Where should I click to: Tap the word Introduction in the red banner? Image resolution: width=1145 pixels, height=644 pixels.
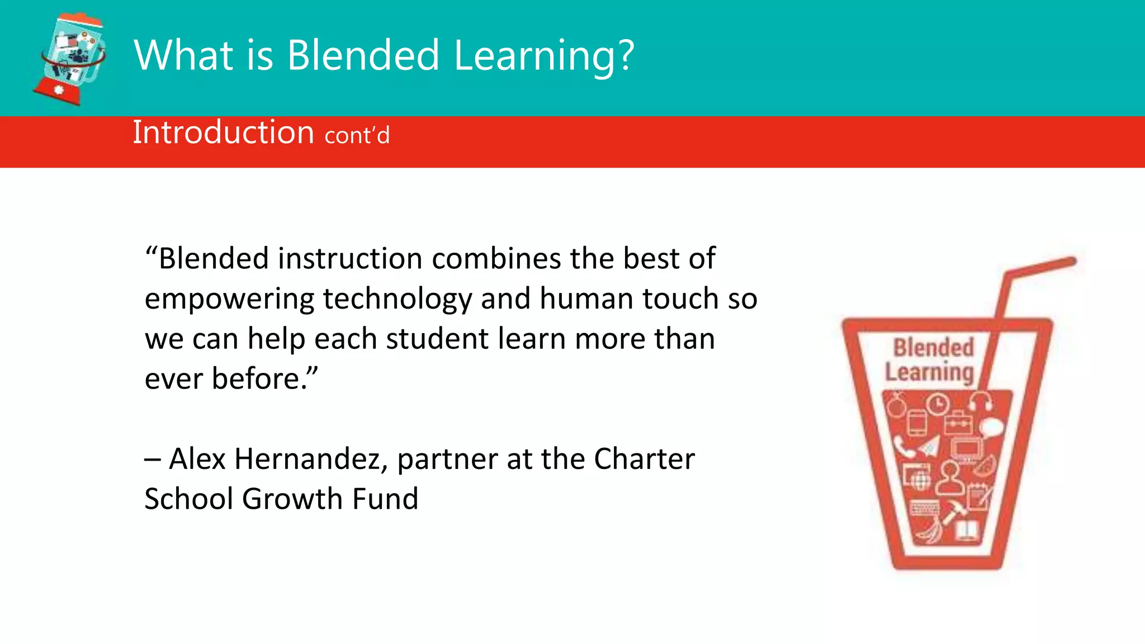(223, 132)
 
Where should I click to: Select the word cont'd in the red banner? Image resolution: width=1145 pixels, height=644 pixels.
(357, 135)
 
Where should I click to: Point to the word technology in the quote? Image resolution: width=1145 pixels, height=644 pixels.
(398, 299)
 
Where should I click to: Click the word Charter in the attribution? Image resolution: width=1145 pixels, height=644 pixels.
(644, 459)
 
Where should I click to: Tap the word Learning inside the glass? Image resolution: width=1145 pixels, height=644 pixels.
(929, 373)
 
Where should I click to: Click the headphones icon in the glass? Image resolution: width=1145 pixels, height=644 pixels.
(981, 402)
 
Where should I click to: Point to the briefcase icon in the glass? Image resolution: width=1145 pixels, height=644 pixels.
(958, 423)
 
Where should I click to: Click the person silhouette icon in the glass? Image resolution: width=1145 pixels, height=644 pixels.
(950, 477)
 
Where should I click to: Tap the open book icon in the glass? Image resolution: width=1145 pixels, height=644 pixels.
(967, 530)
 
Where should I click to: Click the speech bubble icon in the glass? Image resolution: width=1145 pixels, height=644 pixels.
(991, 428)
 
